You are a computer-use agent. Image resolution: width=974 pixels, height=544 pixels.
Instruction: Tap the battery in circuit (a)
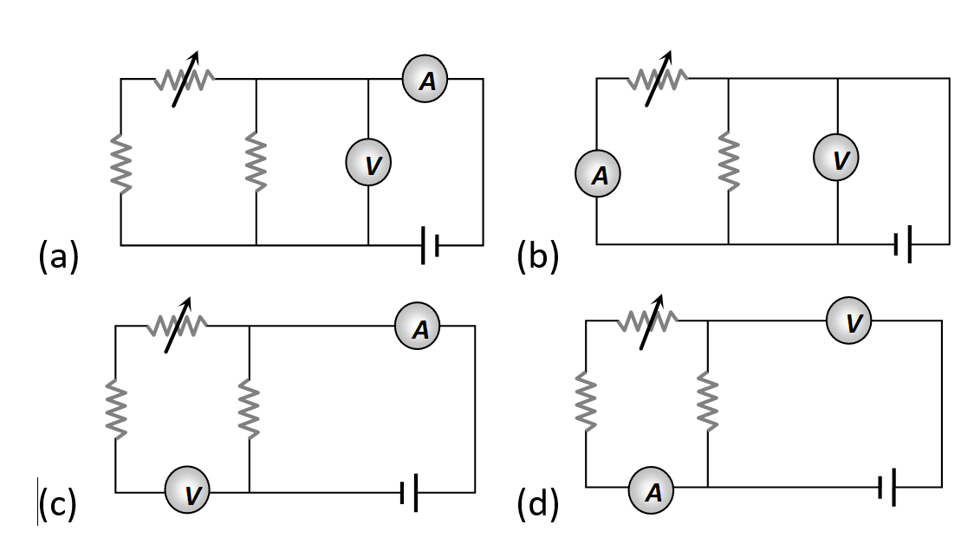430,245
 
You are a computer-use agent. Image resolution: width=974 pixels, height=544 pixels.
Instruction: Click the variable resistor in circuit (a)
185,80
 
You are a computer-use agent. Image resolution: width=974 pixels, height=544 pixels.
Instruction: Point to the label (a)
59,257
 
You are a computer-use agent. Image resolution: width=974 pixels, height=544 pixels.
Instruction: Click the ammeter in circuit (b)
598,175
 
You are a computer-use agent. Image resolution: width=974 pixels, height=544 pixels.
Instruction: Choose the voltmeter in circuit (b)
837,159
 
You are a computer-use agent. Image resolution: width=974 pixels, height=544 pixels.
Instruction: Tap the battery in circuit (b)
903,245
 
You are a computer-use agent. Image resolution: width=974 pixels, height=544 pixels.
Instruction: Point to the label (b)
538,257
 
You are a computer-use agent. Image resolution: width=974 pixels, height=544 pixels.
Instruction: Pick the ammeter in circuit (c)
418,327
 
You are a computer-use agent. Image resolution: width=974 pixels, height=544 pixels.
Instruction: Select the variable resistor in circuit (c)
178,327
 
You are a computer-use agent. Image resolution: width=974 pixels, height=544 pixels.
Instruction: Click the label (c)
57,505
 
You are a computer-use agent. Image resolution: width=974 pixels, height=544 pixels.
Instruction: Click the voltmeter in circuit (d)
849,321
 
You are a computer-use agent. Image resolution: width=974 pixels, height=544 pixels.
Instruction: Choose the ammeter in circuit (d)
652,490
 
